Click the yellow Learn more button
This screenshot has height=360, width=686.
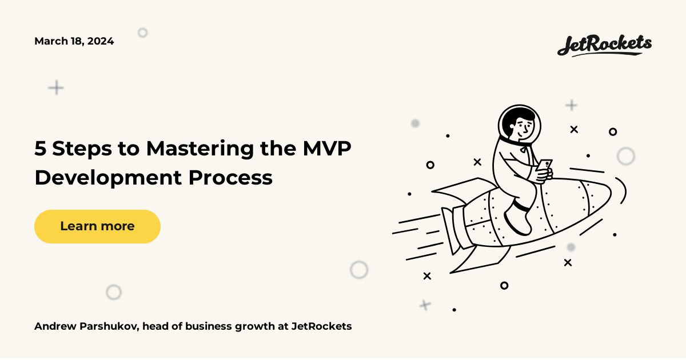(x=97, y=226)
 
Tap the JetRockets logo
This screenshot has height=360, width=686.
(x=604, y=45)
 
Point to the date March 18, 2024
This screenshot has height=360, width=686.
(x=74, y=41)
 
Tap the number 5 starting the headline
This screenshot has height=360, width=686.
(x=40, y=149)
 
